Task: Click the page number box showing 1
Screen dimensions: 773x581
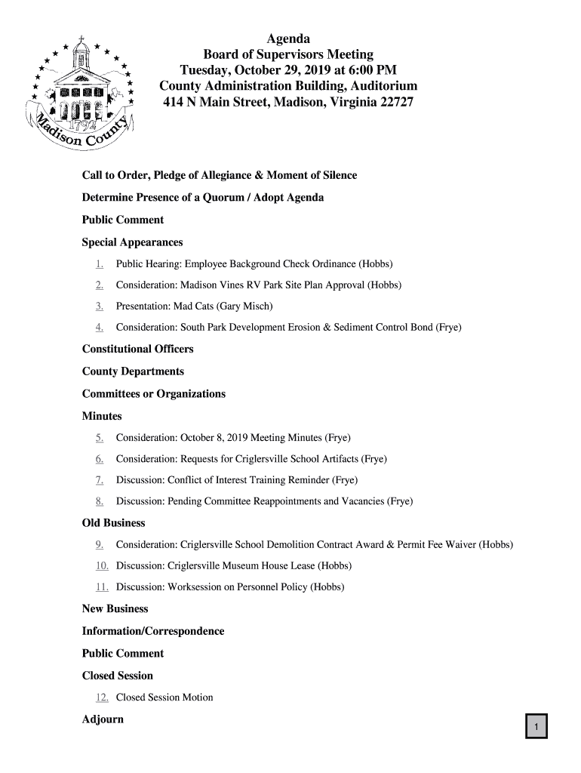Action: [x=536, y=727]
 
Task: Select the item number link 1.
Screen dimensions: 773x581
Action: [x=100, y=264]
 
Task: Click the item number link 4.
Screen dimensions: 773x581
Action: [x=100, y=328]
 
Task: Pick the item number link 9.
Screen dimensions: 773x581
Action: [x=100, y=544]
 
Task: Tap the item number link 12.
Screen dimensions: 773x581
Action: [x=102, y=698]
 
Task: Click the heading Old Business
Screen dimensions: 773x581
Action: [x=113, y=523]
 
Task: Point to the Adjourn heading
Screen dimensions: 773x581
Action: [x=103, y=719]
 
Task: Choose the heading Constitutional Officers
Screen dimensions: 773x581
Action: [x=137, y=350]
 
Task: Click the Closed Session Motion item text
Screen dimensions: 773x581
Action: [x=164, y=698]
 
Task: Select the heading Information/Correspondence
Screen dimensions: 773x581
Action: [x=152, y=631]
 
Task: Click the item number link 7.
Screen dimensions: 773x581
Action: [x=100, y=480]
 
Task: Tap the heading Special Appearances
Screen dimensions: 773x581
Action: [x=132, y=243]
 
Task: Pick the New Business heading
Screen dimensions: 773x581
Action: [x=115, y=609]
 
